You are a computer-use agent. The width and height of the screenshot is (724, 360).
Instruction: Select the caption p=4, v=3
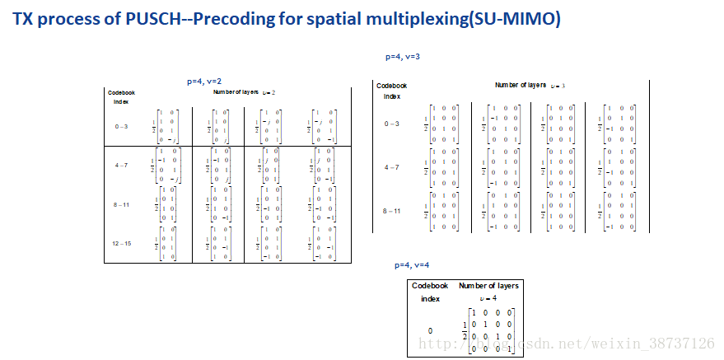[404, 57]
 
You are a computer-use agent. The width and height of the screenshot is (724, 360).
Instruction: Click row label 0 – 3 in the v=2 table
[121, 125]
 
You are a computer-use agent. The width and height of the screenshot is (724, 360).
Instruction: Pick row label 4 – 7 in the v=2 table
[121, 165]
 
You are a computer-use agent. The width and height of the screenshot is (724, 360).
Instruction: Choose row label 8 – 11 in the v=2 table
[121, 203]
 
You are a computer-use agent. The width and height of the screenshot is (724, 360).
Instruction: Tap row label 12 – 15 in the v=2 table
[121, 243]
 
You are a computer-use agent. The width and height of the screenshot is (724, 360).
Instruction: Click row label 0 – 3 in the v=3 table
[392, 124]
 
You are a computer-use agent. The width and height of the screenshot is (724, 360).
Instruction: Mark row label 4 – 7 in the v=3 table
[392, 167]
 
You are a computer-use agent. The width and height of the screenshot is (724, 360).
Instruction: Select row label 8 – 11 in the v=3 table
[392, 211]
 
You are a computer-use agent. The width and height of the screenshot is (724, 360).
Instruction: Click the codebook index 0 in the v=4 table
[430, 331]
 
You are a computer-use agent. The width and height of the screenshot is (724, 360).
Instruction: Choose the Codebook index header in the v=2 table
[121, 96]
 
